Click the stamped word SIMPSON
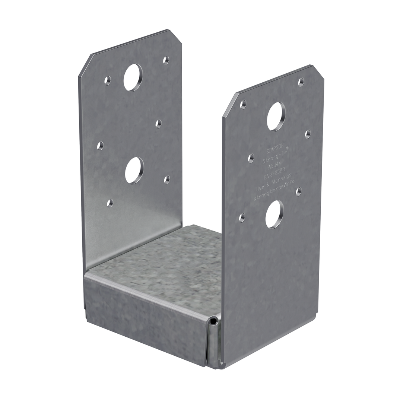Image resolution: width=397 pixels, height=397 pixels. tap(274, 149)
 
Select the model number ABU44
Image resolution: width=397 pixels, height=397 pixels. tap(274, 165)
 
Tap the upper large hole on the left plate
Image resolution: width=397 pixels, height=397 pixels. tap(133, 77)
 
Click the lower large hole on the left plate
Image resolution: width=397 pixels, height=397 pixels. tap(134, 170)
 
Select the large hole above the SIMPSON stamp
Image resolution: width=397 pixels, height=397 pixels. tap(276, 116)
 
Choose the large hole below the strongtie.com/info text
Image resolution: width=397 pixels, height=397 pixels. tap(274, 214)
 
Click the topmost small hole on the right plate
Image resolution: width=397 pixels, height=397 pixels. tap(301, 82)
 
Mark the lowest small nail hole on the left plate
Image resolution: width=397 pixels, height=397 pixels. tap(110, 203)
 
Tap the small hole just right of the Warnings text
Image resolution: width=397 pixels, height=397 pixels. tap(299, 191)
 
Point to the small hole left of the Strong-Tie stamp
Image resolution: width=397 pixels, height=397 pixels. tap(251, 158)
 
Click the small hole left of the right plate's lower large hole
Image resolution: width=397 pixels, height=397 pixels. tap(242, 217)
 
